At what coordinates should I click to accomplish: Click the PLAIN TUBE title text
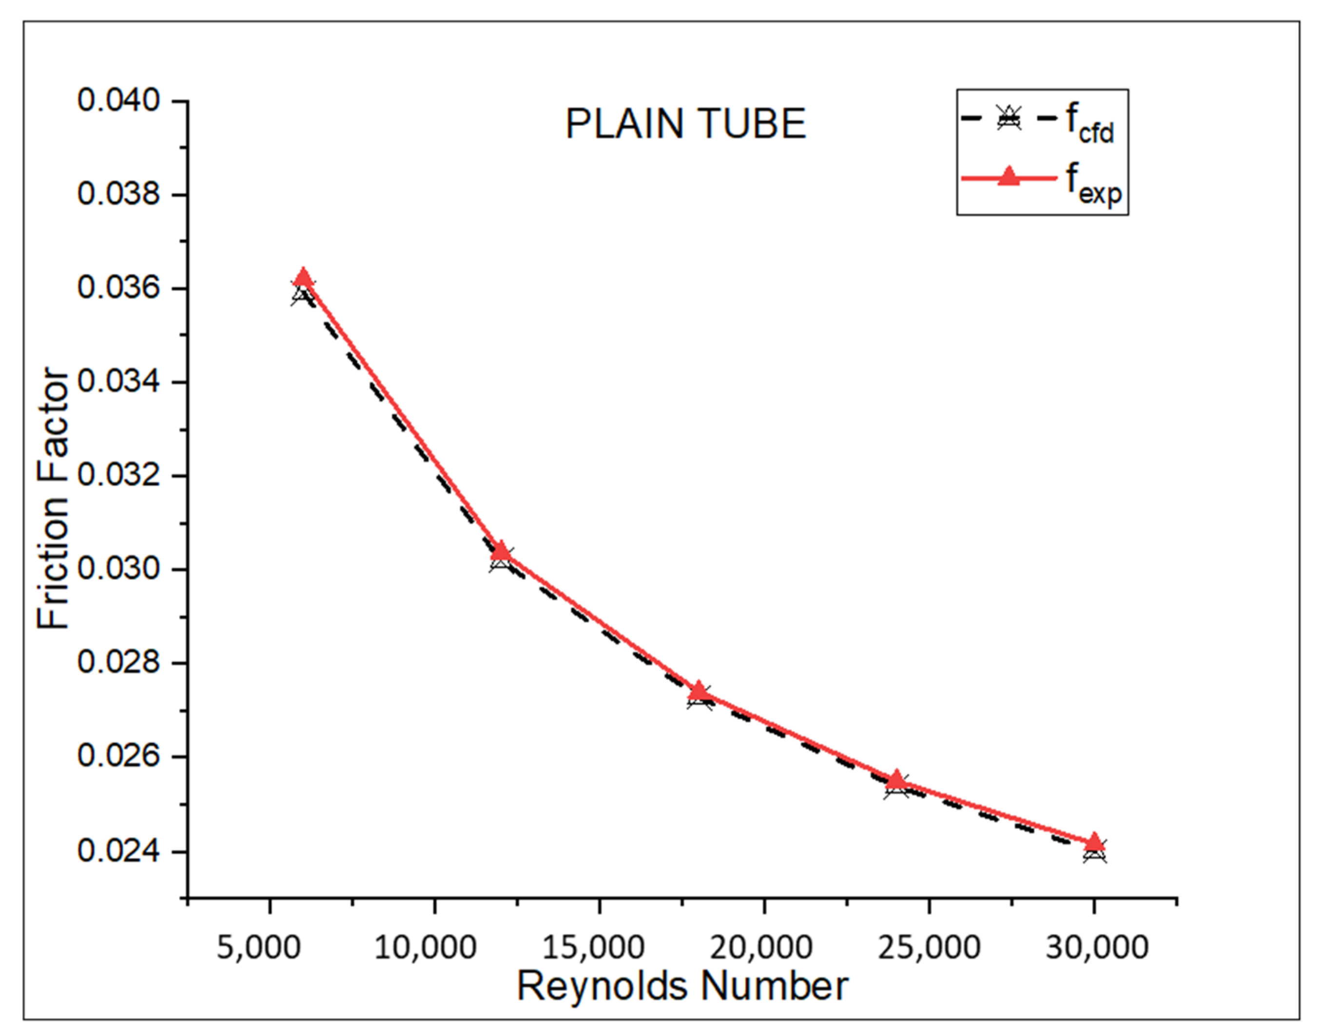(x=685, y=124)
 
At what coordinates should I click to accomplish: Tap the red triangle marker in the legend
(x=1009, y=177)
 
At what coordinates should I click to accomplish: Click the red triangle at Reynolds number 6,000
(x=304, y=278)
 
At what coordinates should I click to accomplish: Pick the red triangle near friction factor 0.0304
(x=501, y=550)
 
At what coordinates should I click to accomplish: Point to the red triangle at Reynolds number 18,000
(x=699, y=690)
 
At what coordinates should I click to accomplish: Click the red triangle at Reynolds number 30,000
(x=1094, y=842)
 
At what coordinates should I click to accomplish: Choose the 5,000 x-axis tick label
(x=259, y=947)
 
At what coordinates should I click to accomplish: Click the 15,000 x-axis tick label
(x=593, y=947)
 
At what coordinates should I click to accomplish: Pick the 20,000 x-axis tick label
(x=761, y=947)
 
